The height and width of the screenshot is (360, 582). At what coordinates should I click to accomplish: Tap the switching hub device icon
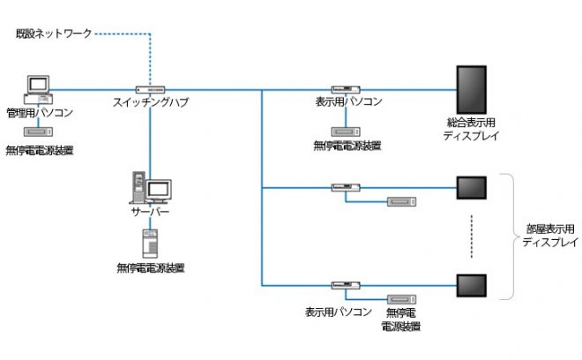pyautogui.click(x=151, y=89)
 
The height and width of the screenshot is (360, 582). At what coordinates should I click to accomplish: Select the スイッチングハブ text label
pyautogui.click(x=151, y=102)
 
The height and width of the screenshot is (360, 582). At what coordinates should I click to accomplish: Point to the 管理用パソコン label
pyautogui.click(x=39, y=113)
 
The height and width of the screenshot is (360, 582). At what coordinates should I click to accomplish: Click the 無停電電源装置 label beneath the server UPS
pyautogui.click(x=151, y=266)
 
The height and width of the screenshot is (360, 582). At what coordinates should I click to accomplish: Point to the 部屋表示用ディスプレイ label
pyautogui.click(x=549, y=235)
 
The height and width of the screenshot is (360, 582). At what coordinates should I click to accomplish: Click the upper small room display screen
pyautogui.click(x=473, y=187)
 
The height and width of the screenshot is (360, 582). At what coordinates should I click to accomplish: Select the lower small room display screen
pyautogui.click(x=473, y=285)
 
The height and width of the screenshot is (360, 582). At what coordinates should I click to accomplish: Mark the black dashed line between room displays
pyautogui.click(x=473, y=236)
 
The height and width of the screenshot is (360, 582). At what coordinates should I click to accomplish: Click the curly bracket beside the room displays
pyautogui.click(x=509, y=235)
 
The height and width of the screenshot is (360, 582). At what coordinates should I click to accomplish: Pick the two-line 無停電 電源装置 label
pyautogui.click(x=400, y=319)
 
